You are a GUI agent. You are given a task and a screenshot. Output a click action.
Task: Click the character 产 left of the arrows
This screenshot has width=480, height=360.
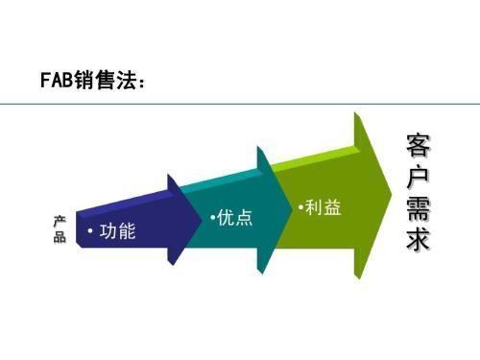[60, 221]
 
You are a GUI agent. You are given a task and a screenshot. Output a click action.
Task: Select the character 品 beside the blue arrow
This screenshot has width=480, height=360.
[60, 237]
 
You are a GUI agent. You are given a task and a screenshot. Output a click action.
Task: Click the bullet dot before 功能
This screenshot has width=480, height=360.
[89, 233]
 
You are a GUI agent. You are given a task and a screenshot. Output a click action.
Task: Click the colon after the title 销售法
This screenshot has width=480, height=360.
[144, 83]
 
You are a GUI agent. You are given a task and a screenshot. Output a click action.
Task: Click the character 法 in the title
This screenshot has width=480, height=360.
[124, 81]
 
